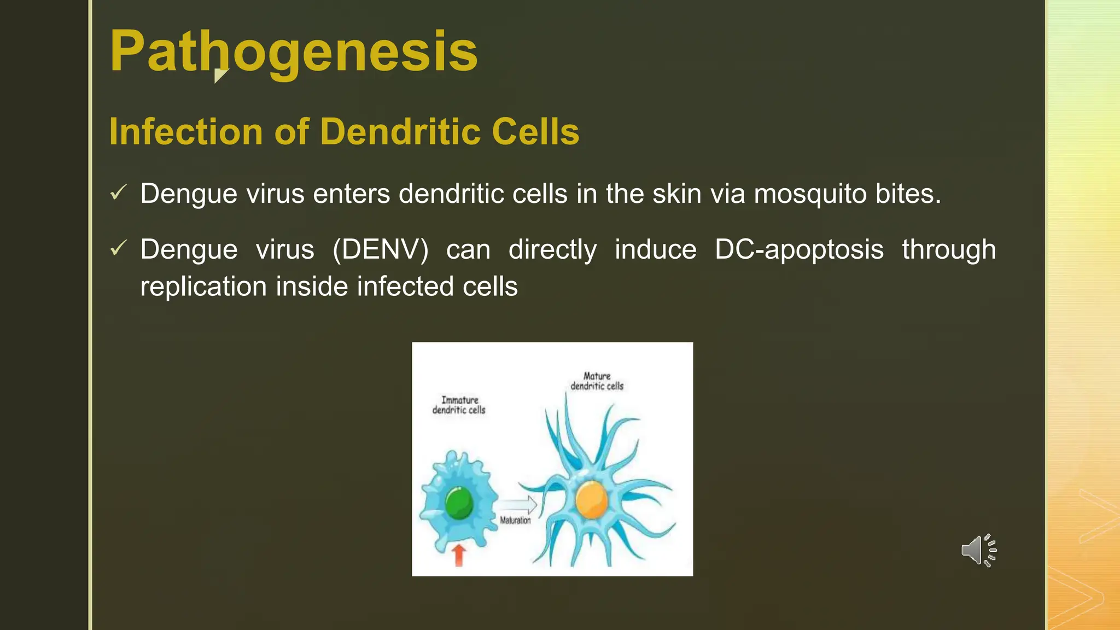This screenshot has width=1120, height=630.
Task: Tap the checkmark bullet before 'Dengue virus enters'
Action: tap(118, 192)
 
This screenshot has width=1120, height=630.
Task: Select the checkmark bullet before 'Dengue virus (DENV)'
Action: tap(118, 248)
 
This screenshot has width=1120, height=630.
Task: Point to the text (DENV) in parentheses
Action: tap(381, 250)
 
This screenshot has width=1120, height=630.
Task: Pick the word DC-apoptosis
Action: tap(799, 250)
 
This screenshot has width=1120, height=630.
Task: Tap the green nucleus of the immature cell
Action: tap(458, 503)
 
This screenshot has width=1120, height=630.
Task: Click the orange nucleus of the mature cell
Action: tap(591, 499)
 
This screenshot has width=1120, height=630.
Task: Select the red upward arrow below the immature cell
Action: tap(459, 554)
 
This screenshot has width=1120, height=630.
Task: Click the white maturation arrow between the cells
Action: tap(517, 504)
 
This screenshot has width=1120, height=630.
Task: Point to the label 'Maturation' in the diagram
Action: tap(515, 521)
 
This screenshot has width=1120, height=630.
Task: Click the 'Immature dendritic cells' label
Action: tap(459, 405)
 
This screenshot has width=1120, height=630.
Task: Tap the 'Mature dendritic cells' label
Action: tap(597, 381)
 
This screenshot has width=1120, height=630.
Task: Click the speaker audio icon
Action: tap(978, 550)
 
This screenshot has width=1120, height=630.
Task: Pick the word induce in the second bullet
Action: tap(655, 250)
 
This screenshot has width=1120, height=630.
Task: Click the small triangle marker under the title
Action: tap(220, 75)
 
